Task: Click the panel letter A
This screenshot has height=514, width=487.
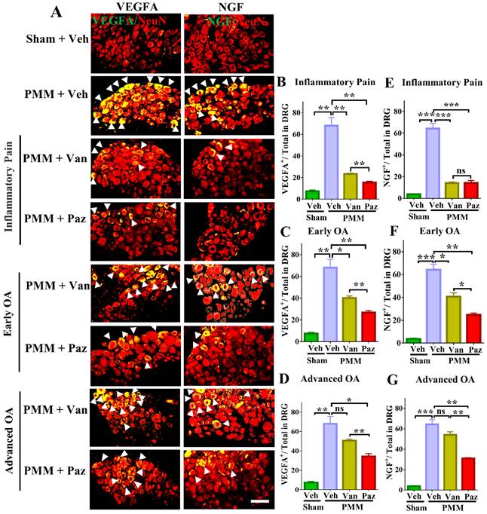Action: tap(57, 12)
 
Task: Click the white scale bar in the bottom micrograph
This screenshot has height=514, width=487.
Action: tap(240, 499)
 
